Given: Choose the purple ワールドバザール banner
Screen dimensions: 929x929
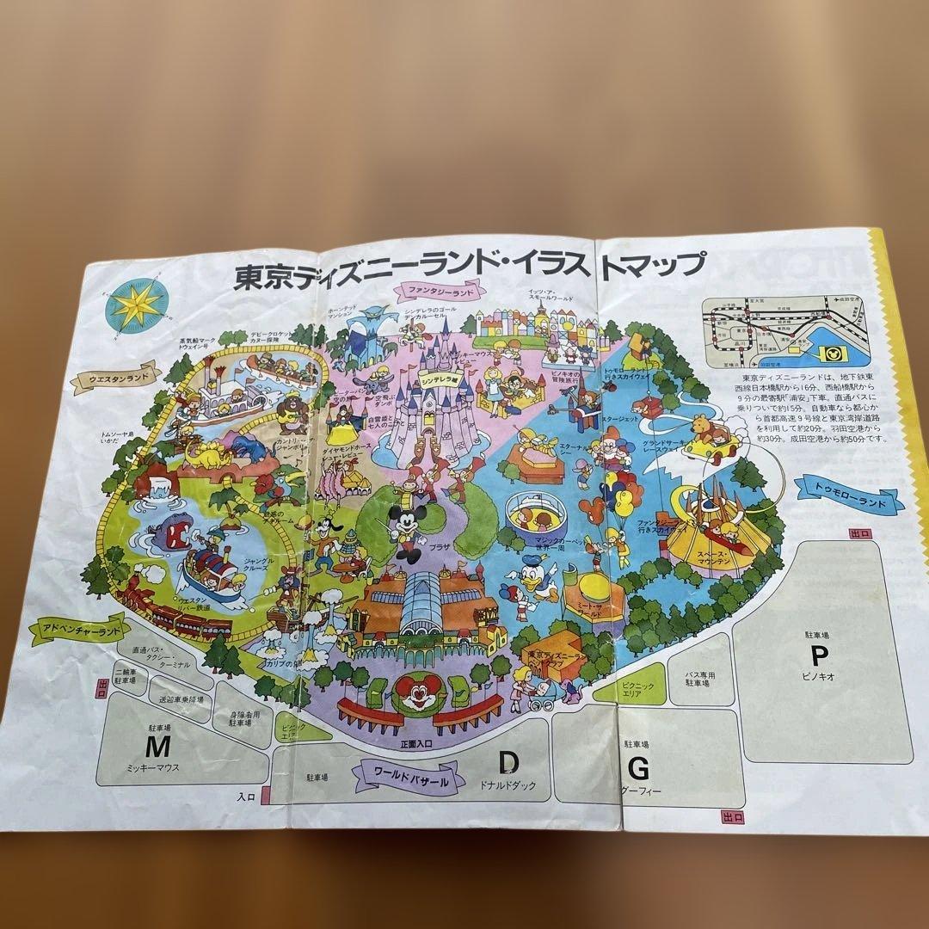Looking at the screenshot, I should point(408,767).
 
